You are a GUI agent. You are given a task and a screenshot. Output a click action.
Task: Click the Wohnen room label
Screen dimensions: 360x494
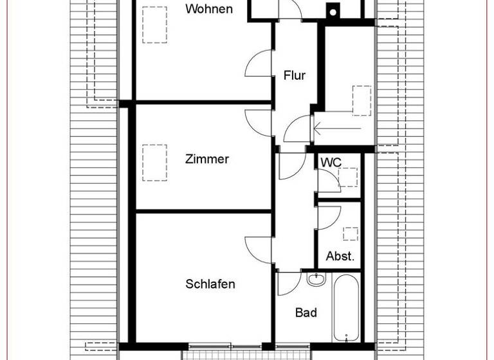(208, 10)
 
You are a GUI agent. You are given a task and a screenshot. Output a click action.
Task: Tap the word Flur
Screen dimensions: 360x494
(294, 76)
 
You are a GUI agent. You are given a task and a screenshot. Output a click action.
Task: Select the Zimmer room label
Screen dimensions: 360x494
(206, 159)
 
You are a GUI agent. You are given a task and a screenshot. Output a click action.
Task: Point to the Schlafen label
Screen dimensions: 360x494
(210, 283)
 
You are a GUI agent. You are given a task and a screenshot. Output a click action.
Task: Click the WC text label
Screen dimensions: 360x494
(331, 162)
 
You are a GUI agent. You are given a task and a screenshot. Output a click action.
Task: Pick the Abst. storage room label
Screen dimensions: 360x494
(340, 256)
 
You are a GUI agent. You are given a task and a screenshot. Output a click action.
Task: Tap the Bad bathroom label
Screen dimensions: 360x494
(306, 313)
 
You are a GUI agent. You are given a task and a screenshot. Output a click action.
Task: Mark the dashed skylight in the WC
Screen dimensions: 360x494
(347, 177)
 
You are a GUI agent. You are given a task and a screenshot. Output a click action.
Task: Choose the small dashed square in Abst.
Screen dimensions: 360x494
(351, 233)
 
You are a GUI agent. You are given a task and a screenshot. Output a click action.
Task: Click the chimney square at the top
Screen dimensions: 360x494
(333, 10)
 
